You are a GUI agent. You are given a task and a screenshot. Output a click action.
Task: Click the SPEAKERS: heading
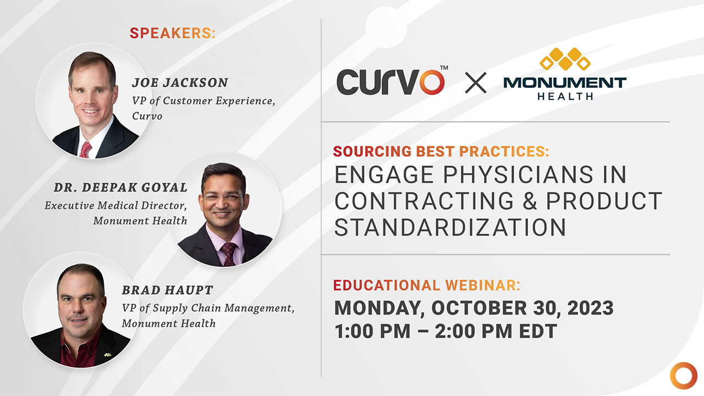173,33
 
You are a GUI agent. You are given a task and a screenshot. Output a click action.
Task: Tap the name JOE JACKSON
179,83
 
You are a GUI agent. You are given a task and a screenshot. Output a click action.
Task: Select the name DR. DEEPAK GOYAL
120,188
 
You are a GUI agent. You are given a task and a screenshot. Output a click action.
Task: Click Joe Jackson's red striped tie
85,149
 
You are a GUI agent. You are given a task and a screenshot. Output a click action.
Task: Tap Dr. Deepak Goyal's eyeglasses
222,196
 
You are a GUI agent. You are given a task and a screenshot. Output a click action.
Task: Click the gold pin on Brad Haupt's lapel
108,354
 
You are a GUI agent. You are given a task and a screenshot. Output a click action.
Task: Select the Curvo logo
391,81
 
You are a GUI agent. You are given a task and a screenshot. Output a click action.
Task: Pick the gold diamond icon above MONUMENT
565,59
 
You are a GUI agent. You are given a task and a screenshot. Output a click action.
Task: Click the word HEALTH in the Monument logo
565,96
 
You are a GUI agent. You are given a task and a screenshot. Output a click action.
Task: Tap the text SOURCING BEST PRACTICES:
441,151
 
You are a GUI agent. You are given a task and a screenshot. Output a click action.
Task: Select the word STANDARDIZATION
450,227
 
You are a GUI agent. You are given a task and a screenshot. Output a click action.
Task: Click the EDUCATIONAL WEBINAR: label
427,285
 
